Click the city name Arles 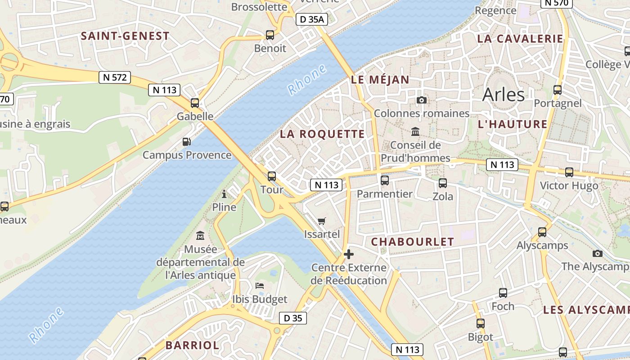pyautogui.click(x=503, y=95)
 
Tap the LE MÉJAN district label pyautogui.click(x=380, y=80)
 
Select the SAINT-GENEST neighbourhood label pyautogui.click(x=125, y=36)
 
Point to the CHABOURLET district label pyautogui.click(x=413, y=242)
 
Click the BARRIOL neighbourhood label pyautogui.click(x=192, y=346)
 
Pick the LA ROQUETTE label pyautogui.click(x=322, y=134)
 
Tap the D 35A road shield pyautogui.click(x=312, y=19)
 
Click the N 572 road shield pyautogui.click(x=115, y=77)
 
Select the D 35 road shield pyautogui.click(x=293, y=318)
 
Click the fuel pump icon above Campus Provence pyautogui.click(x=187, y=142)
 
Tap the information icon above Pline pyautogui.click(x=224, y=194)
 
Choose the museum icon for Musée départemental pyautogui.click(x=200, y=235)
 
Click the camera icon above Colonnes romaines pyautogui.click(x=422, y=100)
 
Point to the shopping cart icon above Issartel pyautogui.click(x=322, y=221)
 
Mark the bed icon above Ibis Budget pyautogui.click(x=260, y=286)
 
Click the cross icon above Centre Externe pyautogui.click(x=349, y=255)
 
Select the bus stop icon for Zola pyautogui.click(x=443, y=183)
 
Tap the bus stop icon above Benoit pyautogui.click(x=270, y=35)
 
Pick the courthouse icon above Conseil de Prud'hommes pyautogui.click(x=415, y=132)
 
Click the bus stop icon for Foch pyautogui.click(x=503, y=293)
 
